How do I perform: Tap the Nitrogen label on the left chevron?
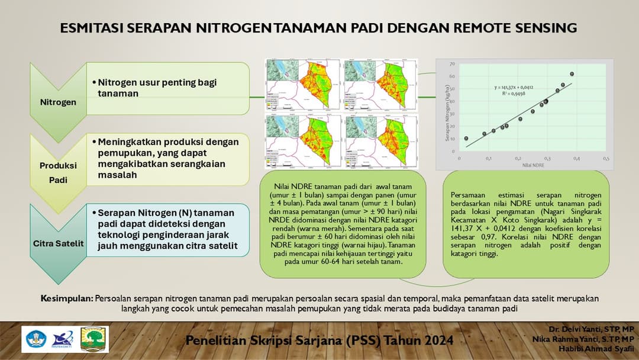tap(58, 102)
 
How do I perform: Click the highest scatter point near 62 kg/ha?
tap(572, 74)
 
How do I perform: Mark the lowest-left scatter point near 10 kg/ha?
tap(466, 139)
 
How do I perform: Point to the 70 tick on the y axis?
tap(452, 64)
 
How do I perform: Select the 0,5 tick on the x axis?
tap(606, 159)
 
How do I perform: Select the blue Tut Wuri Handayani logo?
tap(35, 339)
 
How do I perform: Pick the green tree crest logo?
tap(93, 339)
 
